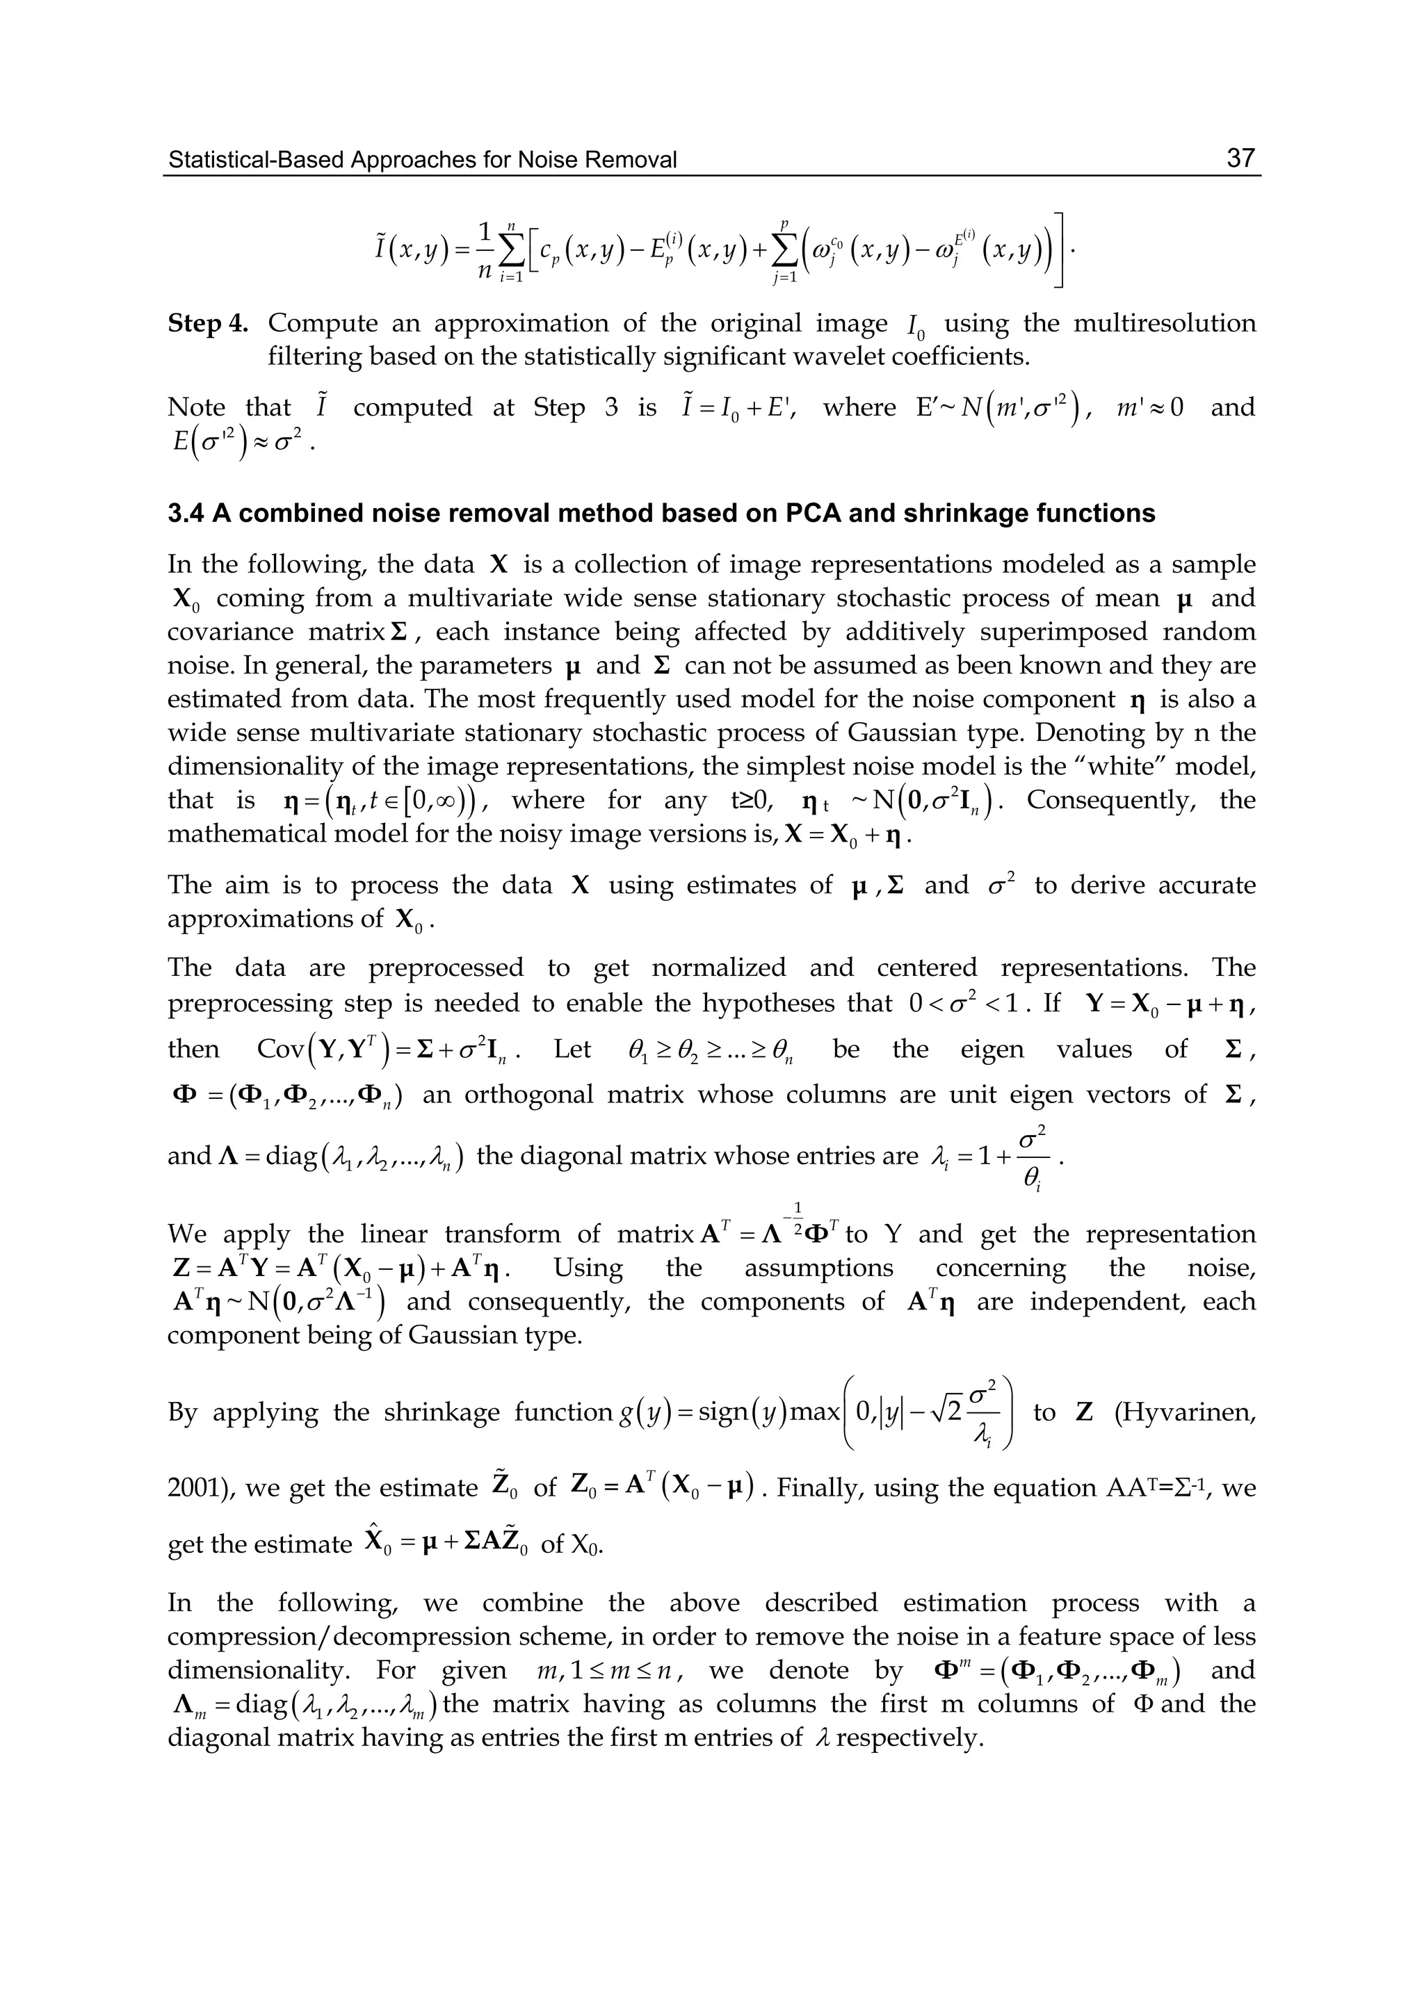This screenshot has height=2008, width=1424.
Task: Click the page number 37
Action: tap(1240, 158)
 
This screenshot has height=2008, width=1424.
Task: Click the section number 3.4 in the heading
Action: tap(185, 513)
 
